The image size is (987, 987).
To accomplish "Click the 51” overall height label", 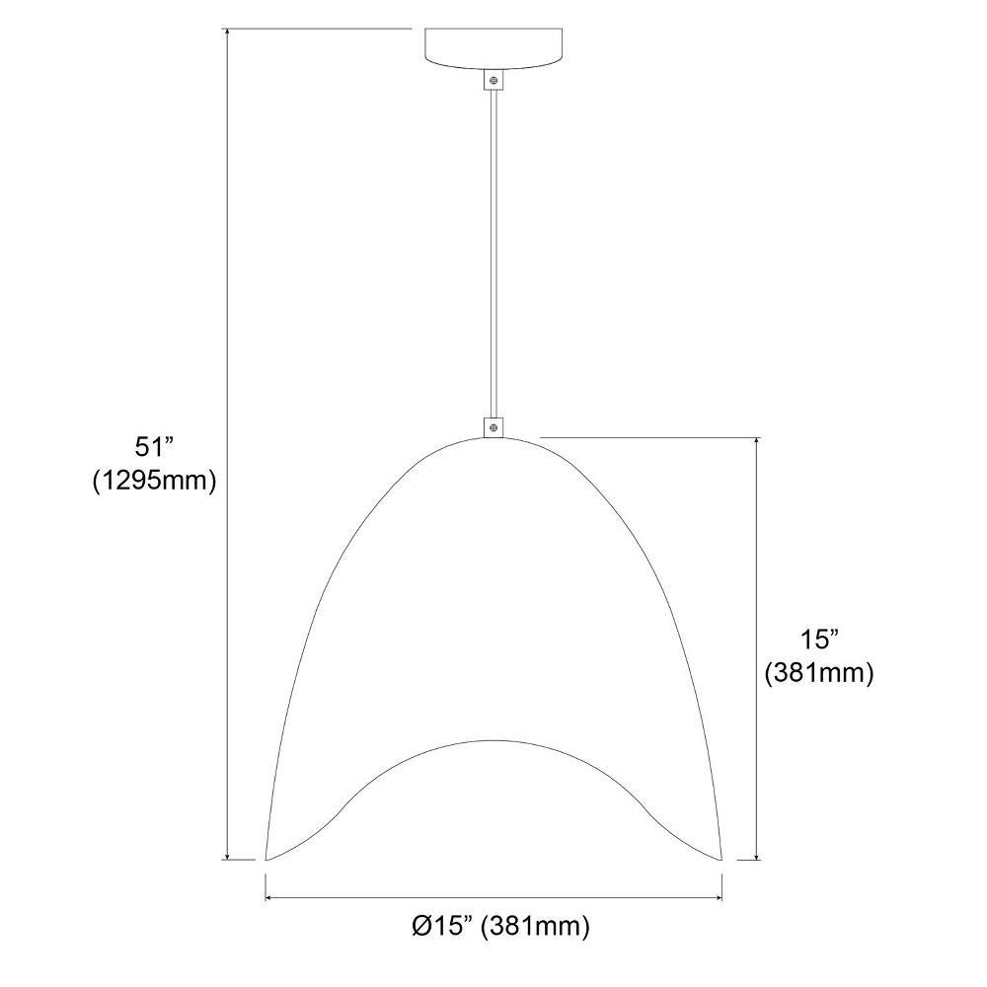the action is click(x=154, y=447).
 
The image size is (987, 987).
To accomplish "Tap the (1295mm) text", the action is click(x=155, y=481).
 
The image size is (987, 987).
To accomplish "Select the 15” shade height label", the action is click(x=819, y=641).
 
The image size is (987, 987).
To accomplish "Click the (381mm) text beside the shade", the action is click(x=819, y=673).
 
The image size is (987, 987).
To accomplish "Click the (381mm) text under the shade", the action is click(x=535, y=927).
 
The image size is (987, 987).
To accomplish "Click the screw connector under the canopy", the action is click(x=494, y=80).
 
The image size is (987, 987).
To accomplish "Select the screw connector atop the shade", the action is click(x=494, y=427).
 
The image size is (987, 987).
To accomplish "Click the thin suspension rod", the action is click(x=494, y=254).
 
